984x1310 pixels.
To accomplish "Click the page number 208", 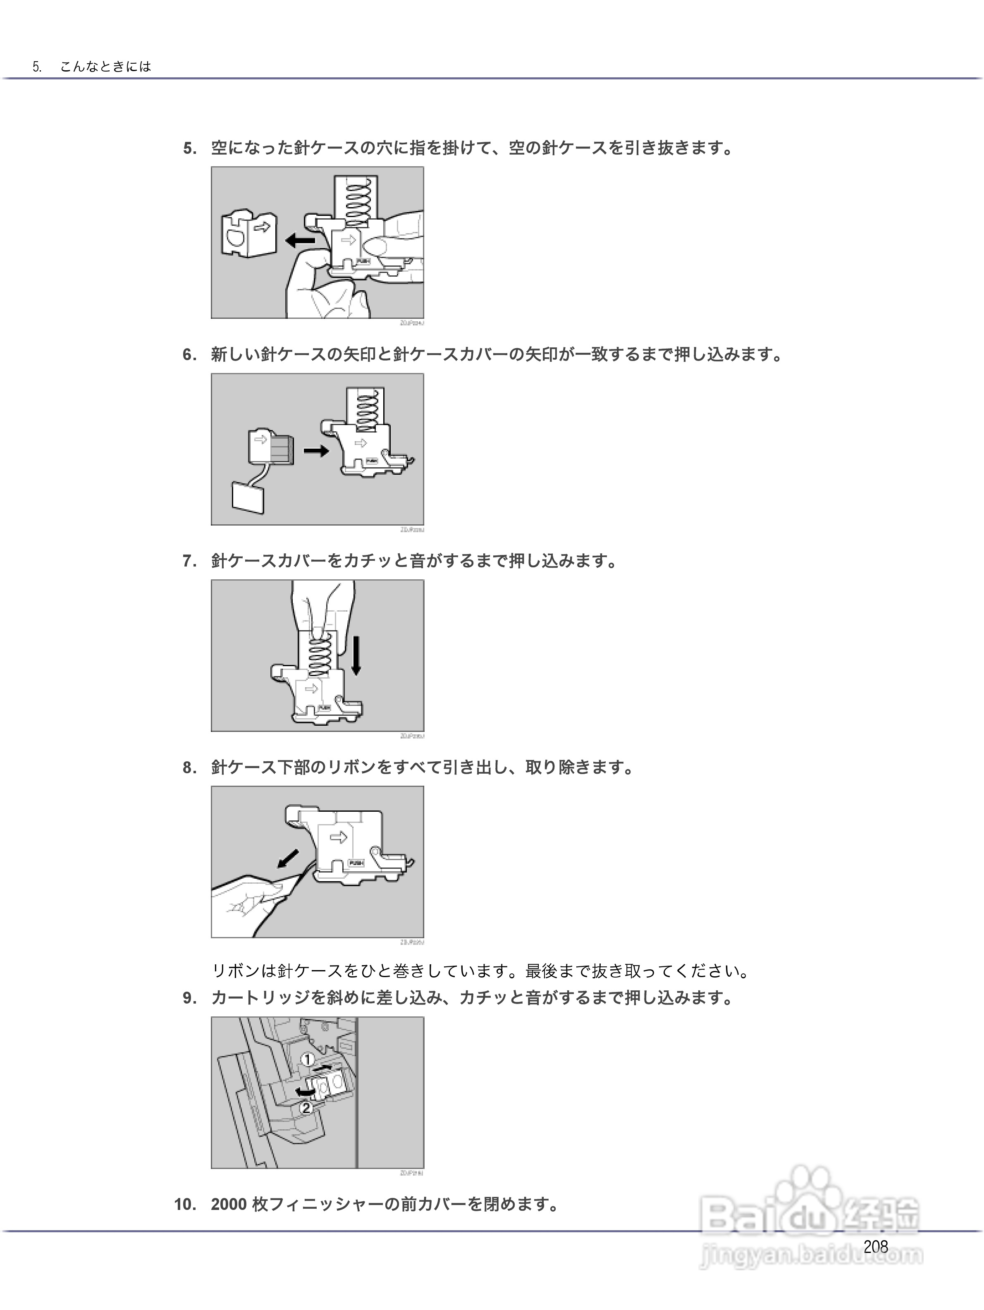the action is coord(875,1247).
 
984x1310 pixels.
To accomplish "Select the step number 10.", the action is coord(185,1204).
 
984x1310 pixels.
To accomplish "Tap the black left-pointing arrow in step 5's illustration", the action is coord(300,240).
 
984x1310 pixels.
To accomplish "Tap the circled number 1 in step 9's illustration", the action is coord(307,1059).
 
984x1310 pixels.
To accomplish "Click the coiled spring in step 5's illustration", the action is coord(356,203).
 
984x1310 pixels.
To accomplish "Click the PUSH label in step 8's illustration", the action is coord(356,863).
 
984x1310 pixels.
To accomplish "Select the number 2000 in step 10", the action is coord(229,1204).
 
